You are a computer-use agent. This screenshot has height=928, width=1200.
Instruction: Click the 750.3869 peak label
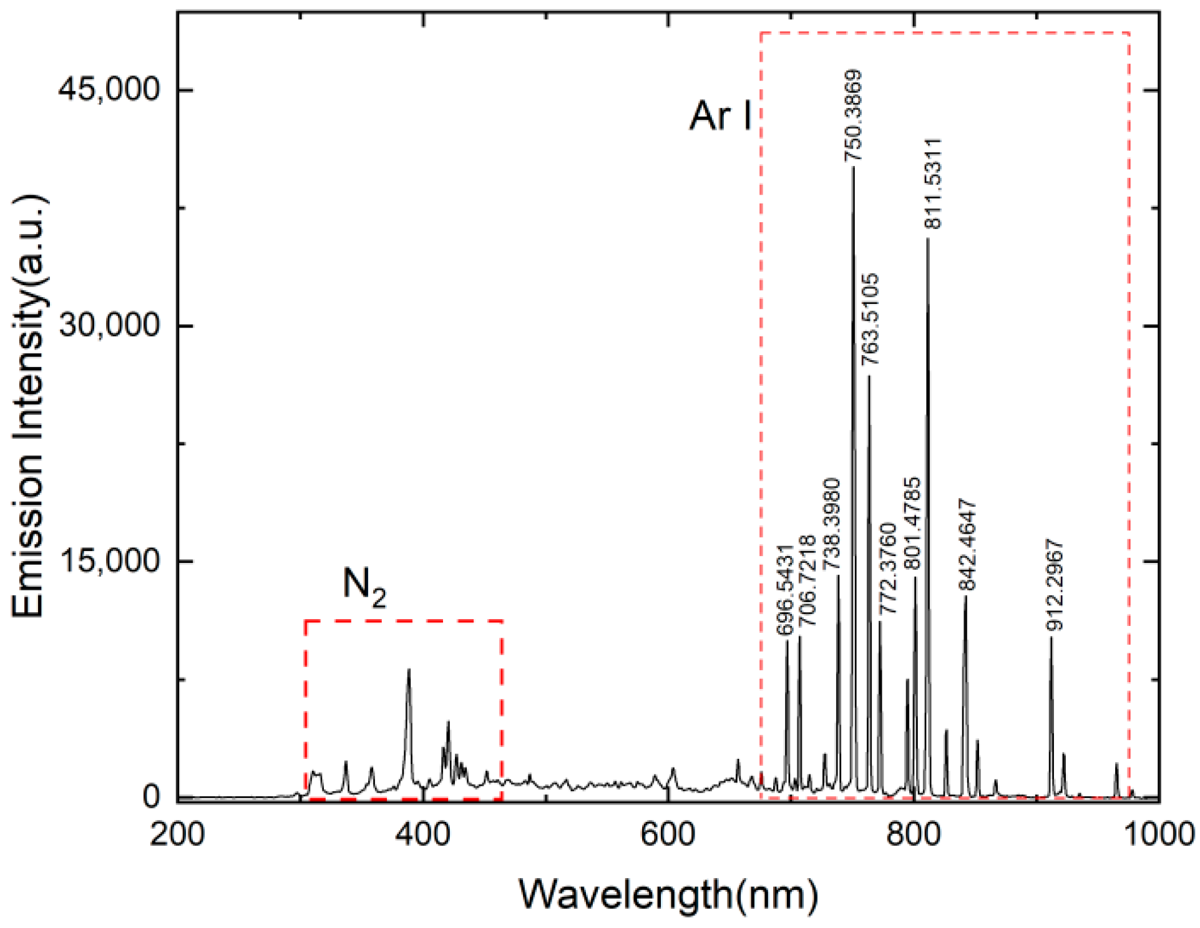(853, 116)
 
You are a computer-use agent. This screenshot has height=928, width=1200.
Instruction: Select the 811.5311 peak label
(933, 183)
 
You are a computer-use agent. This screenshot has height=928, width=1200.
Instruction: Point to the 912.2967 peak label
(1054, 585)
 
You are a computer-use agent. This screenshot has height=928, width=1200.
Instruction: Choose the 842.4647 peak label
(967, 544)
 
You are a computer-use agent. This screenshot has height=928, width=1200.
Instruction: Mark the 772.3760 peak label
(887, 569)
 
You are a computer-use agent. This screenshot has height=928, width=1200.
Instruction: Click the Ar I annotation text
(720, 116)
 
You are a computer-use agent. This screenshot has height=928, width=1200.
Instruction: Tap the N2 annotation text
(364, 587)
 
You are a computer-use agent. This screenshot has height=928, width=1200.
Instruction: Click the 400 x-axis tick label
(423, 834)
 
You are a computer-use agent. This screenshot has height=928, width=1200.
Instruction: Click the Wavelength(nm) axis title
(668, 894)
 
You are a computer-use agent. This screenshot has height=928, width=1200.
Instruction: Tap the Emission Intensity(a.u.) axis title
(28, 406)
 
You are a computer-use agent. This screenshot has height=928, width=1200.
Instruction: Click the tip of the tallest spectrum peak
(853, 169)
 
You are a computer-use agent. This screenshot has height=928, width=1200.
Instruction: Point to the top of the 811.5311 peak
(927, 240)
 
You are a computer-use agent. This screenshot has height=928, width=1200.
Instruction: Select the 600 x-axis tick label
(668, 834)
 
